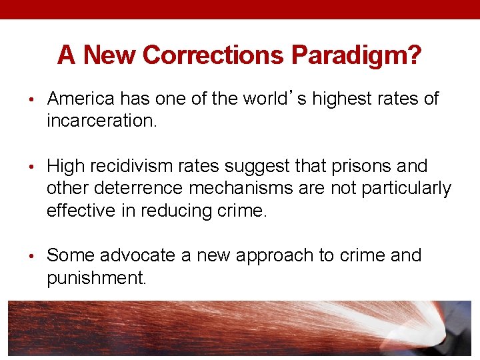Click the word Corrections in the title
[214, 55]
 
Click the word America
[81, 99]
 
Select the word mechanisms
[237, 189]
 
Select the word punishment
[96, 278]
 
